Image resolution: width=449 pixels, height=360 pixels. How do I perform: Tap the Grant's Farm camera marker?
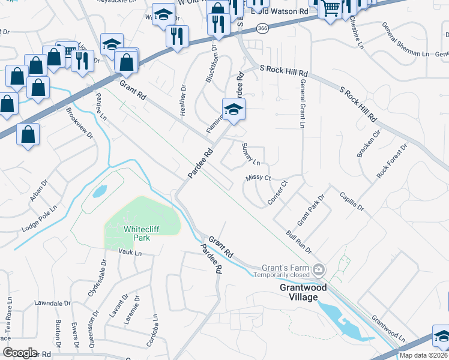click(x=319, y=268)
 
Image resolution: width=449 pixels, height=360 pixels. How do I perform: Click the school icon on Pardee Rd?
click(x=234, y=109)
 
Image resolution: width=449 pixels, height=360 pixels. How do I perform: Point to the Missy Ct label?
click(x=259, y=178)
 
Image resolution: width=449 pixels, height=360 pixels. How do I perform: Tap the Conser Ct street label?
click(x=278, y=192)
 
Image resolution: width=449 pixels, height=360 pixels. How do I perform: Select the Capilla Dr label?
click(x=351, y=201)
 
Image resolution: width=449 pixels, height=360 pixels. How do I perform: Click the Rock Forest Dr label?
click(x=392, y=160)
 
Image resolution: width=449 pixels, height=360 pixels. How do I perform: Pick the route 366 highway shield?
click(x=262, y=28)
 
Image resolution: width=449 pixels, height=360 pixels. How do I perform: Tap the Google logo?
click(x=20, y=353)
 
